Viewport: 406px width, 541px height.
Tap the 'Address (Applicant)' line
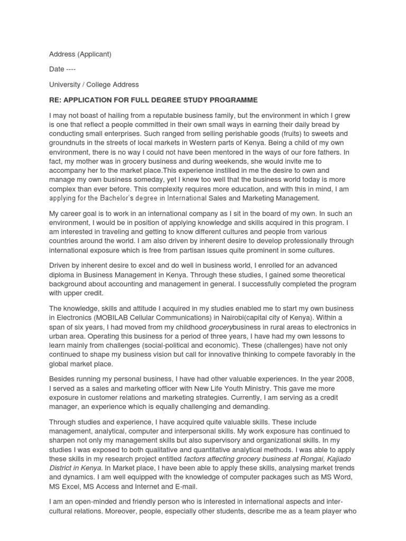tap(80, 54)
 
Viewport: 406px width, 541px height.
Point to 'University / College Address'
tap(94, 85)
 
